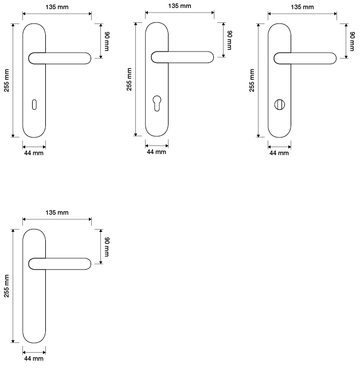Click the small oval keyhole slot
click(34, 105)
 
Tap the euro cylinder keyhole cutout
click(157, 104)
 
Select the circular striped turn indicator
click(280, 105)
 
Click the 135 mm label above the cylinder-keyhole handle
click(179, 6)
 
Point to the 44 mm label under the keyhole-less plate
click(34, 358)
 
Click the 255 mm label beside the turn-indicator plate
click(252, 81)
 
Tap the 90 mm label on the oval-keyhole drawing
click(107, 41)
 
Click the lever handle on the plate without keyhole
click(60, 264)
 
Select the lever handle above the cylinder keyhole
click(182, 57)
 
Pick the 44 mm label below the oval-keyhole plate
click(34, 153)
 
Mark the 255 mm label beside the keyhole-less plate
click(6, 286)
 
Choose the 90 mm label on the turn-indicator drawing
click(352, 41)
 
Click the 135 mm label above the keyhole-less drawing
click(57, 212)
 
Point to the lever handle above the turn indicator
click(305, 58)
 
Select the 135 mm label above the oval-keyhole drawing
click(57, 7)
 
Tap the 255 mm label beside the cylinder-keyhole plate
click(129, 79)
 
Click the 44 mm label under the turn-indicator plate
click(279, 153)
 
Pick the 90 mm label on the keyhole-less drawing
click(107, 247)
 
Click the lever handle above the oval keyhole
click(60, 58)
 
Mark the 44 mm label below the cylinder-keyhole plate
click(156, 152)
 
